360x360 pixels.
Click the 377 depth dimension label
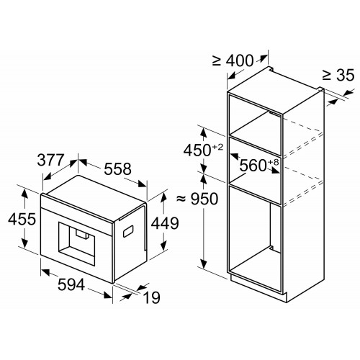coord(50,160)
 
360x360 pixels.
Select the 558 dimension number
coord(117,168)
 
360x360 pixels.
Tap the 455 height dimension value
coord(22,219)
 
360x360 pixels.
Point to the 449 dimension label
coord(165,223)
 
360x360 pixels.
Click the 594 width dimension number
coord(71,284)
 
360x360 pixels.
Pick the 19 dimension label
coord(151,297)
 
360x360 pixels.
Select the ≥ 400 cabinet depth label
coord(233,60)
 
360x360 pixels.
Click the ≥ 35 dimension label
coord(338,75)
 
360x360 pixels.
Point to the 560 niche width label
coord(253,166)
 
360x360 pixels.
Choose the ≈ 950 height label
coord(197,199)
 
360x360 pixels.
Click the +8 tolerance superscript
coord(274,162)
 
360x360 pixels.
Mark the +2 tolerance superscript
coord(217,147)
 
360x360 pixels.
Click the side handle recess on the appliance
coord(128,231)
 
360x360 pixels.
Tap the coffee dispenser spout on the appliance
coord(82,234)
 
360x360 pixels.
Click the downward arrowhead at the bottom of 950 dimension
coord(204,264)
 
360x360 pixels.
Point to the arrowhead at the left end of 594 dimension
coord(45,272)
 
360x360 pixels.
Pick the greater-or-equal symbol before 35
coord(327,75)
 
